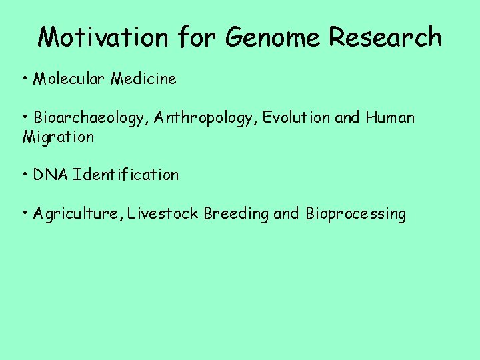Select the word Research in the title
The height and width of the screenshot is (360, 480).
point(385,37)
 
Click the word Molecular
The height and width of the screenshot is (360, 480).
point(70,79)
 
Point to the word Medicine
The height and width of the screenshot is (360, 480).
point(143,79)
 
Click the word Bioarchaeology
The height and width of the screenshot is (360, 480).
point(89,119)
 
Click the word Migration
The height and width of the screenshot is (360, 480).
point(58,138)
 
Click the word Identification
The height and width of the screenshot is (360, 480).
point(127,175)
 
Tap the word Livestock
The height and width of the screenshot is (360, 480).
point(163,214)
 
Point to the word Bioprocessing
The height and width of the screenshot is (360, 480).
point(355,214)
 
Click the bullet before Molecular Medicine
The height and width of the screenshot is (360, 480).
point(25,79)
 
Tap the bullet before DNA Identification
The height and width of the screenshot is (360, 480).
point(25,175)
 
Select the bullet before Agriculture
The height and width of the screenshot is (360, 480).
point(25,214)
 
